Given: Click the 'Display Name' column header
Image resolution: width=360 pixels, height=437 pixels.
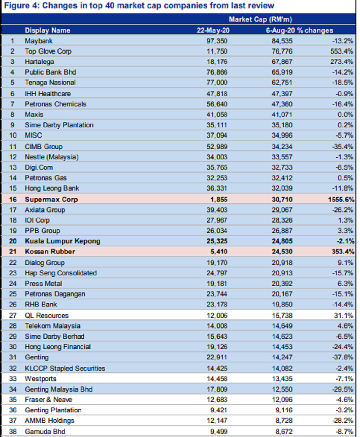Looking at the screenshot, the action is point(47,30).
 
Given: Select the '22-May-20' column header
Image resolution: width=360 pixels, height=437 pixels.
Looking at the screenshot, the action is point(213,30).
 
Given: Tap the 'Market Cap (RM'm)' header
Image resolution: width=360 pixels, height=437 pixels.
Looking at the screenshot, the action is point(261,19).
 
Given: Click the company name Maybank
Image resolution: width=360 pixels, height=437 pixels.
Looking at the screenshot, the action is point(39,41).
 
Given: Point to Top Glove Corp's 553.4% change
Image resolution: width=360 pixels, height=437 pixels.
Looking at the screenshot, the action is point(342,51).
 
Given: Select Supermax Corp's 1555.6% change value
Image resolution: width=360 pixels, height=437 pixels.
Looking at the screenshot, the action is point(341,199).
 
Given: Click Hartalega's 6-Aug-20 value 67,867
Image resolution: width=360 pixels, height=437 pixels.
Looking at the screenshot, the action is point(282,62).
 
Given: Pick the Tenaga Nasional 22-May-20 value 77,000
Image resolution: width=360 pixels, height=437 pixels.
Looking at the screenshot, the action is point(217,82).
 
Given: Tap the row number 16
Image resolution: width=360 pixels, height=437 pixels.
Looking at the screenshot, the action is point(13,199).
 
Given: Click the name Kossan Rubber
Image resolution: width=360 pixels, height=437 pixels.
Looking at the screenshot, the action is point(50,251).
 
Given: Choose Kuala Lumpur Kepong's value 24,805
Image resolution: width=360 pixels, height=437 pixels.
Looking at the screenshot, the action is point(282,241).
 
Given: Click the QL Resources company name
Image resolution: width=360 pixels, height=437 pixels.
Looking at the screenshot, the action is point(46,315).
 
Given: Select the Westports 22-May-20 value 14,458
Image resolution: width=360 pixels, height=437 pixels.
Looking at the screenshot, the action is point(217,378).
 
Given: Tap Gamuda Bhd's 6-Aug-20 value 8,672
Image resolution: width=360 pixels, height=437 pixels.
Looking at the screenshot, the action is point(284,432).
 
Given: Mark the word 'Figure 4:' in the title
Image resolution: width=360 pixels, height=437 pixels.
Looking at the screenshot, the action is point(22,5).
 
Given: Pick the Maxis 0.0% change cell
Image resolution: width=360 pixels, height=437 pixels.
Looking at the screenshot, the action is point(345,114).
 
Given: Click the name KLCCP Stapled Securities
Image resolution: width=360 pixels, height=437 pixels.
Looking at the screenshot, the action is point(65,368).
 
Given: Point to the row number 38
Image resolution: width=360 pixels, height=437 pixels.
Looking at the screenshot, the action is point(13,432).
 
